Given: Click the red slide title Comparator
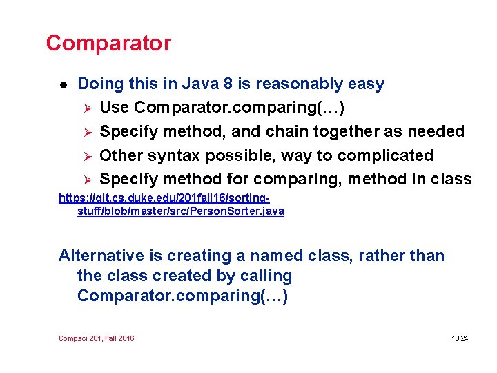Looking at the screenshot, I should (x=108, y=43).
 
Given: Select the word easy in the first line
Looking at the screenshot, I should (x=367, y=84).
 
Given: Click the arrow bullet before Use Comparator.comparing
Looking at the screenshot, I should (x=86, y=108).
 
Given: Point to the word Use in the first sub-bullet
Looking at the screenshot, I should (x=115, y=108).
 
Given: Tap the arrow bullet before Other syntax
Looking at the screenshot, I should (x=86, y=156).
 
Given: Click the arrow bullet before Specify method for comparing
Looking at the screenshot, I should (x=86, y=180).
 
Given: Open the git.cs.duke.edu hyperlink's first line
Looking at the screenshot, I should (x=175, y=198).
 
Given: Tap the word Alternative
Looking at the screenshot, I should (x=101, y=256).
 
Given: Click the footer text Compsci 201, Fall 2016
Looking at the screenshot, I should (x=97, y=338).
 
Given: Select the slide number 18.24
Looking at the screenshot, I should (x=459, y=338).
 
